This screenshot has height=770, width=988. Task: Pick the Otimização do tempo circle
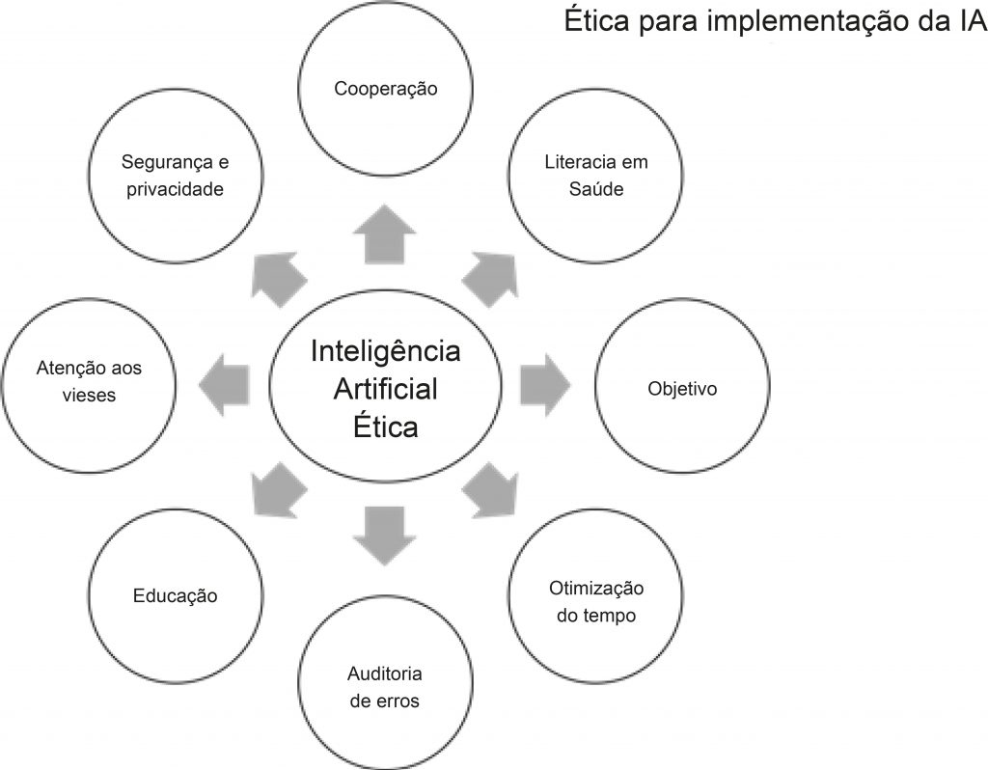[x=595, y=601]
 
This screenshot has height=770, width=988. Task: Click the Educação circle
[x=175, y=595]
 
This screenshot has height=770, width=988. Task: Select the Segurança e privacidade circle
[x=175, y=175]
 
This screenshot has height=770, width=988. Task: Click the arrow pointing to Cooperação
[x=384, y=234]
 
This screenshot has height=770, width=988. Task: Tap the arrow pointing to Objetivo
[x=544, y=384]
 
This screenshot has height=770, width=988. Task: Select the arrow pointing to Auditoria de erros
[x=384, y=533]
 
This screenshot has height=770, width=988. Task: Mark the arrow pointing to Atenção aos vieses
[x=225, y=384]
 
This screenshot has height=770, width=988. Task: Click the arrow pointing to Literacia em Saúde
[x=489, y=278]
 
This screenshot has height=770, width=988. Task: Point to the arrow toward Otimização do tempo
[x=490, y=489]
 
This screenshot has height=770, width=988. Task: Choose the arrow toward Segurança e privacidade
[x=278, y=279]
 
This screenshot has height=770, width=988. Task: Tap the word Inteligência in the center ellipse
[x=385, y=350]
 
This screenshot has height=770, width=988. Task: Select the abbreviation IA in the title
[x=969, y=21]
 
